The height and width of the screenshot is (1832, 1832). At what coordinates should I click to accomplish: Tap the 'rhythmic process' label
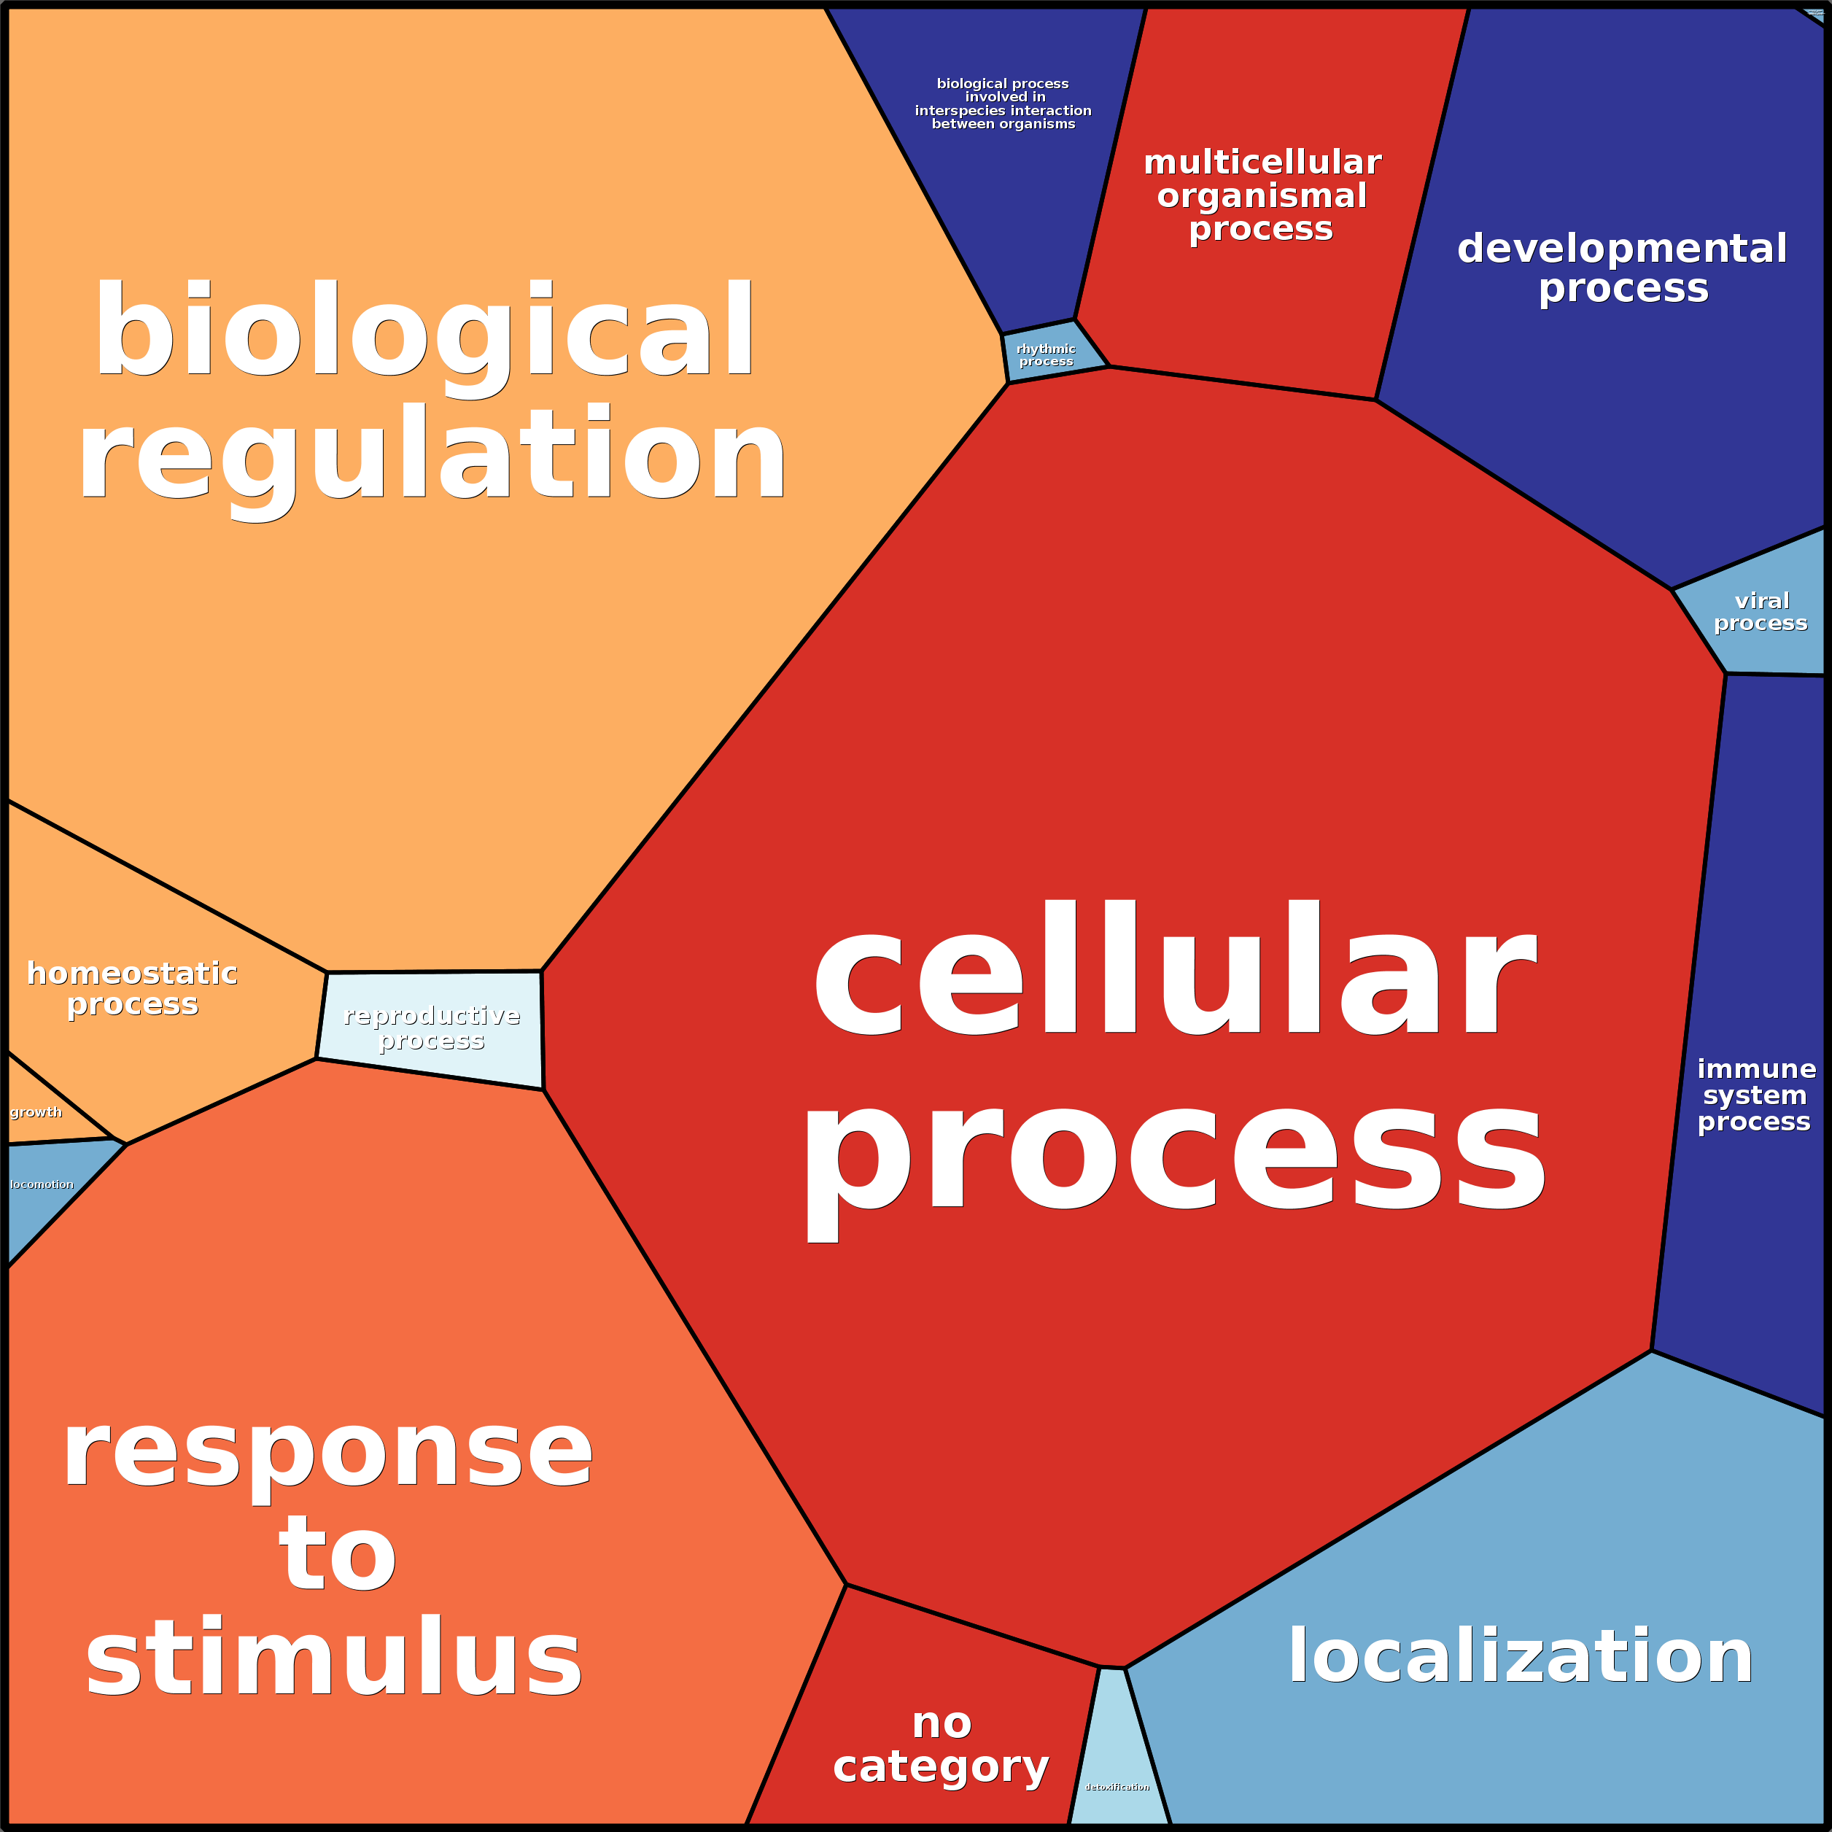point(1046,354)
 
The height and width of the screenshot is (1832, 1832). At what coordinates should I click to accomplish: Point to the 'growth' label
point(36,1112)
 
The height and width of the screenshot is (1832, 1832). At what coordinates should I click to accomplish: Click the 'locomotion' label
point(42,1184)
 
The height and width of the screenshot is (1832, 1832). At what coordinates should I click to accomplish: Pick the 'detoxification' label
point(1117,1787)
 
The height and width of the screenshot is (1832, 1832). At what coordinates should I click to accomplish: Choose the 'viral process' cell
point(1760,612)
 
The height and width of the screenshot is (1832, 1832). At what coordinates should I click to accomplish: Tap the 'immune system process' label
point(1755,1095)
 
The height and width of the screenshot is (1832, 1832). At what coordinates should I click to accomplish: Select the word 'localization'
point(1520,1656)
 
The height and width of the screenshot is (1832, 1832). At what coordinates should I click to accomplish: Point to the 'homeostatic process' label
point(132,988)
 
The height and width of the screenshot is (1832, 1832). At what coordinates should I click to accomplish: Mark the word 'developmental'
point(1621,249)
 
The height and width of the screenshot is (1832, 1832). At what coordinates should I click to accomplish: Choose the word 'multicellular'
point(1262,162)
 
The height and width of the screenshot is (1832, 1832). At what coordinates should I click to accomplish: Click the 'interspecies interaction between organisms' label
point(1004,104)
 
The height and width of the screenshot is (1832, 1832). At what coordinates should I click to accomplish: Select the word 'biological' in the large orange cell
point(424,330)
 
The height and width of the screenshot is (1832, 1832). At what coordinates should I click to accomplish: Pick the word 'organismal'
point(1262,195)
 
